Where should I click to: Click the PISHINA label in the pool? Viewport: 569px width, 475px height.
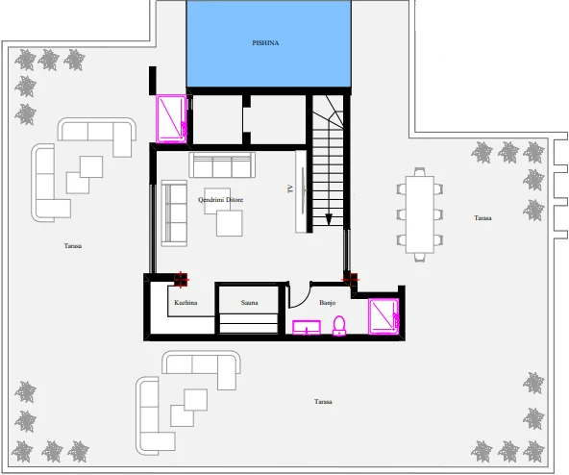pyautogui.click(x=265, y=43)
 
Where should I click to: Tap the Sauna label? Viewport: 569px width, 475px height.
pyautogui.click(x=250, y=304)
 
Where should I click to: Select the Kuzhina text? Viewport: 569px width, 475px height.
pyautogui.click(x=186, y=304)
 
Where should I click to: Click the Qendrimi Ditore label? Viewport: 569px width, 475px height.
pyautogui.click(x=220, y=200)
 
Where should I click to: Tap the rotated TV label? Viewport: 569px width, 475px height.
pyautogui.click(x=289, y=189)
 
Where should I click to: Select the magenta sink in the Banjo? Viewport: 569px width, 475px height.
pyautogui.click(x=307, y=328)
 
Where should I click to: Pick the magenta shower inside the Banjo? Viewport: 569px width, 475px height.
pyautogui.click(x=384, y=316)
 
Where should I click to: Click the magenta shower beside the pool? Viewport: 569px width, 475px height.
pyautogui.click(x=173, y=118)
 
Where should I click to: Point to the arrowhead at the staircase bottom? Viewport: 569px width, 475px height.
pyautogui.click(x=329, y=219)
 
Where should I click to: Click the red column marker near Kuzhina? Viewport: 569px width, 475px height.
pyautogui.click(x=180, y=279)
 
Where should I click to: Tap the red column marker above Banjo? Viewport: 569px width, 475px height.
pyautogui.click(x=350, y=279)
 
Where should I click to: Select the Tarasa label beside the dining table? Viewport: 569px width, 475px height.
pyautogui.click(x=482, y=218)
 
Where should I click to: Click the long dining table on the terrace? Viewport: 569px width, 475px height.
pyautogui.click(x=420, y=213)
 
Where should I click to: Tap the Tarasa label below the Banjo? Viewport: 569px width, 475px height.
pyautogui.click(x=323, y=401)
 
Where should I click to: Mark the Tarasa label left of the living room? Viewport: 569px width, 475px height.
pyautogui.click(x=73, y=246)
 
